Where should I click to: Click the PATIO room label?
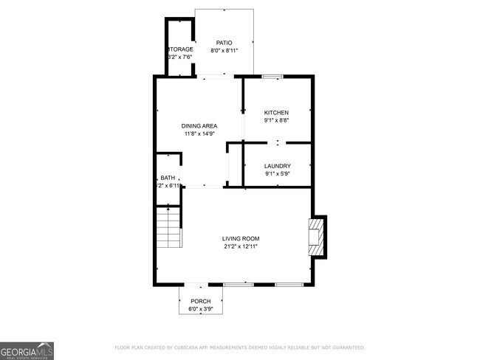(224, 42)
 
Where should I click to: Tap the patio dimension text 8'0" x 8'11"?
(224, 51)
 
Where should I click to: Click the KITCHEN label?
(277, 112)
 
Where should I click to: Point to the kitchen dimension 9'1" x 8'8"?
(277, 120)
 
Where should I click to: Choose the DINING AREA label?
(199, 126)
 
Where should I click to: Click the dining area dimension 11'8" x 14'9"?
(199, 134)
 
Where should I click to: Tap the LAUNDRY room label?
(277, 166)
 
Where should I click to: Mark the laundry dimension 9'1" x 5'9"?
(277, 175)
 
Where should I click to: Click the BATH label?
(168, 178)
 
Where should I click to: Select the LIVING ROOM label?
(241, 238)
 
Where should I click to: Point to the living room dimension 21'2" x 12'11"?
(241, 247)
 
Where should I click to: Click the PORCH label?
(201, 301)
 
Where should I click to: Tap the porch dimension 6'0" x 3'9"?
(201, 309)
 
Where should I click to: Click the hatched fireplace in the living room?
(317, 236)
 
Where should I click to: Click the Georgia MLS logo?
(27, 350)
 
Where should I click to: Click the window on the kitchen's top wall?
(272, 76)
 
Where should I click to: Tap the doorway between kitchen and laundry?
(277, 142)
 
